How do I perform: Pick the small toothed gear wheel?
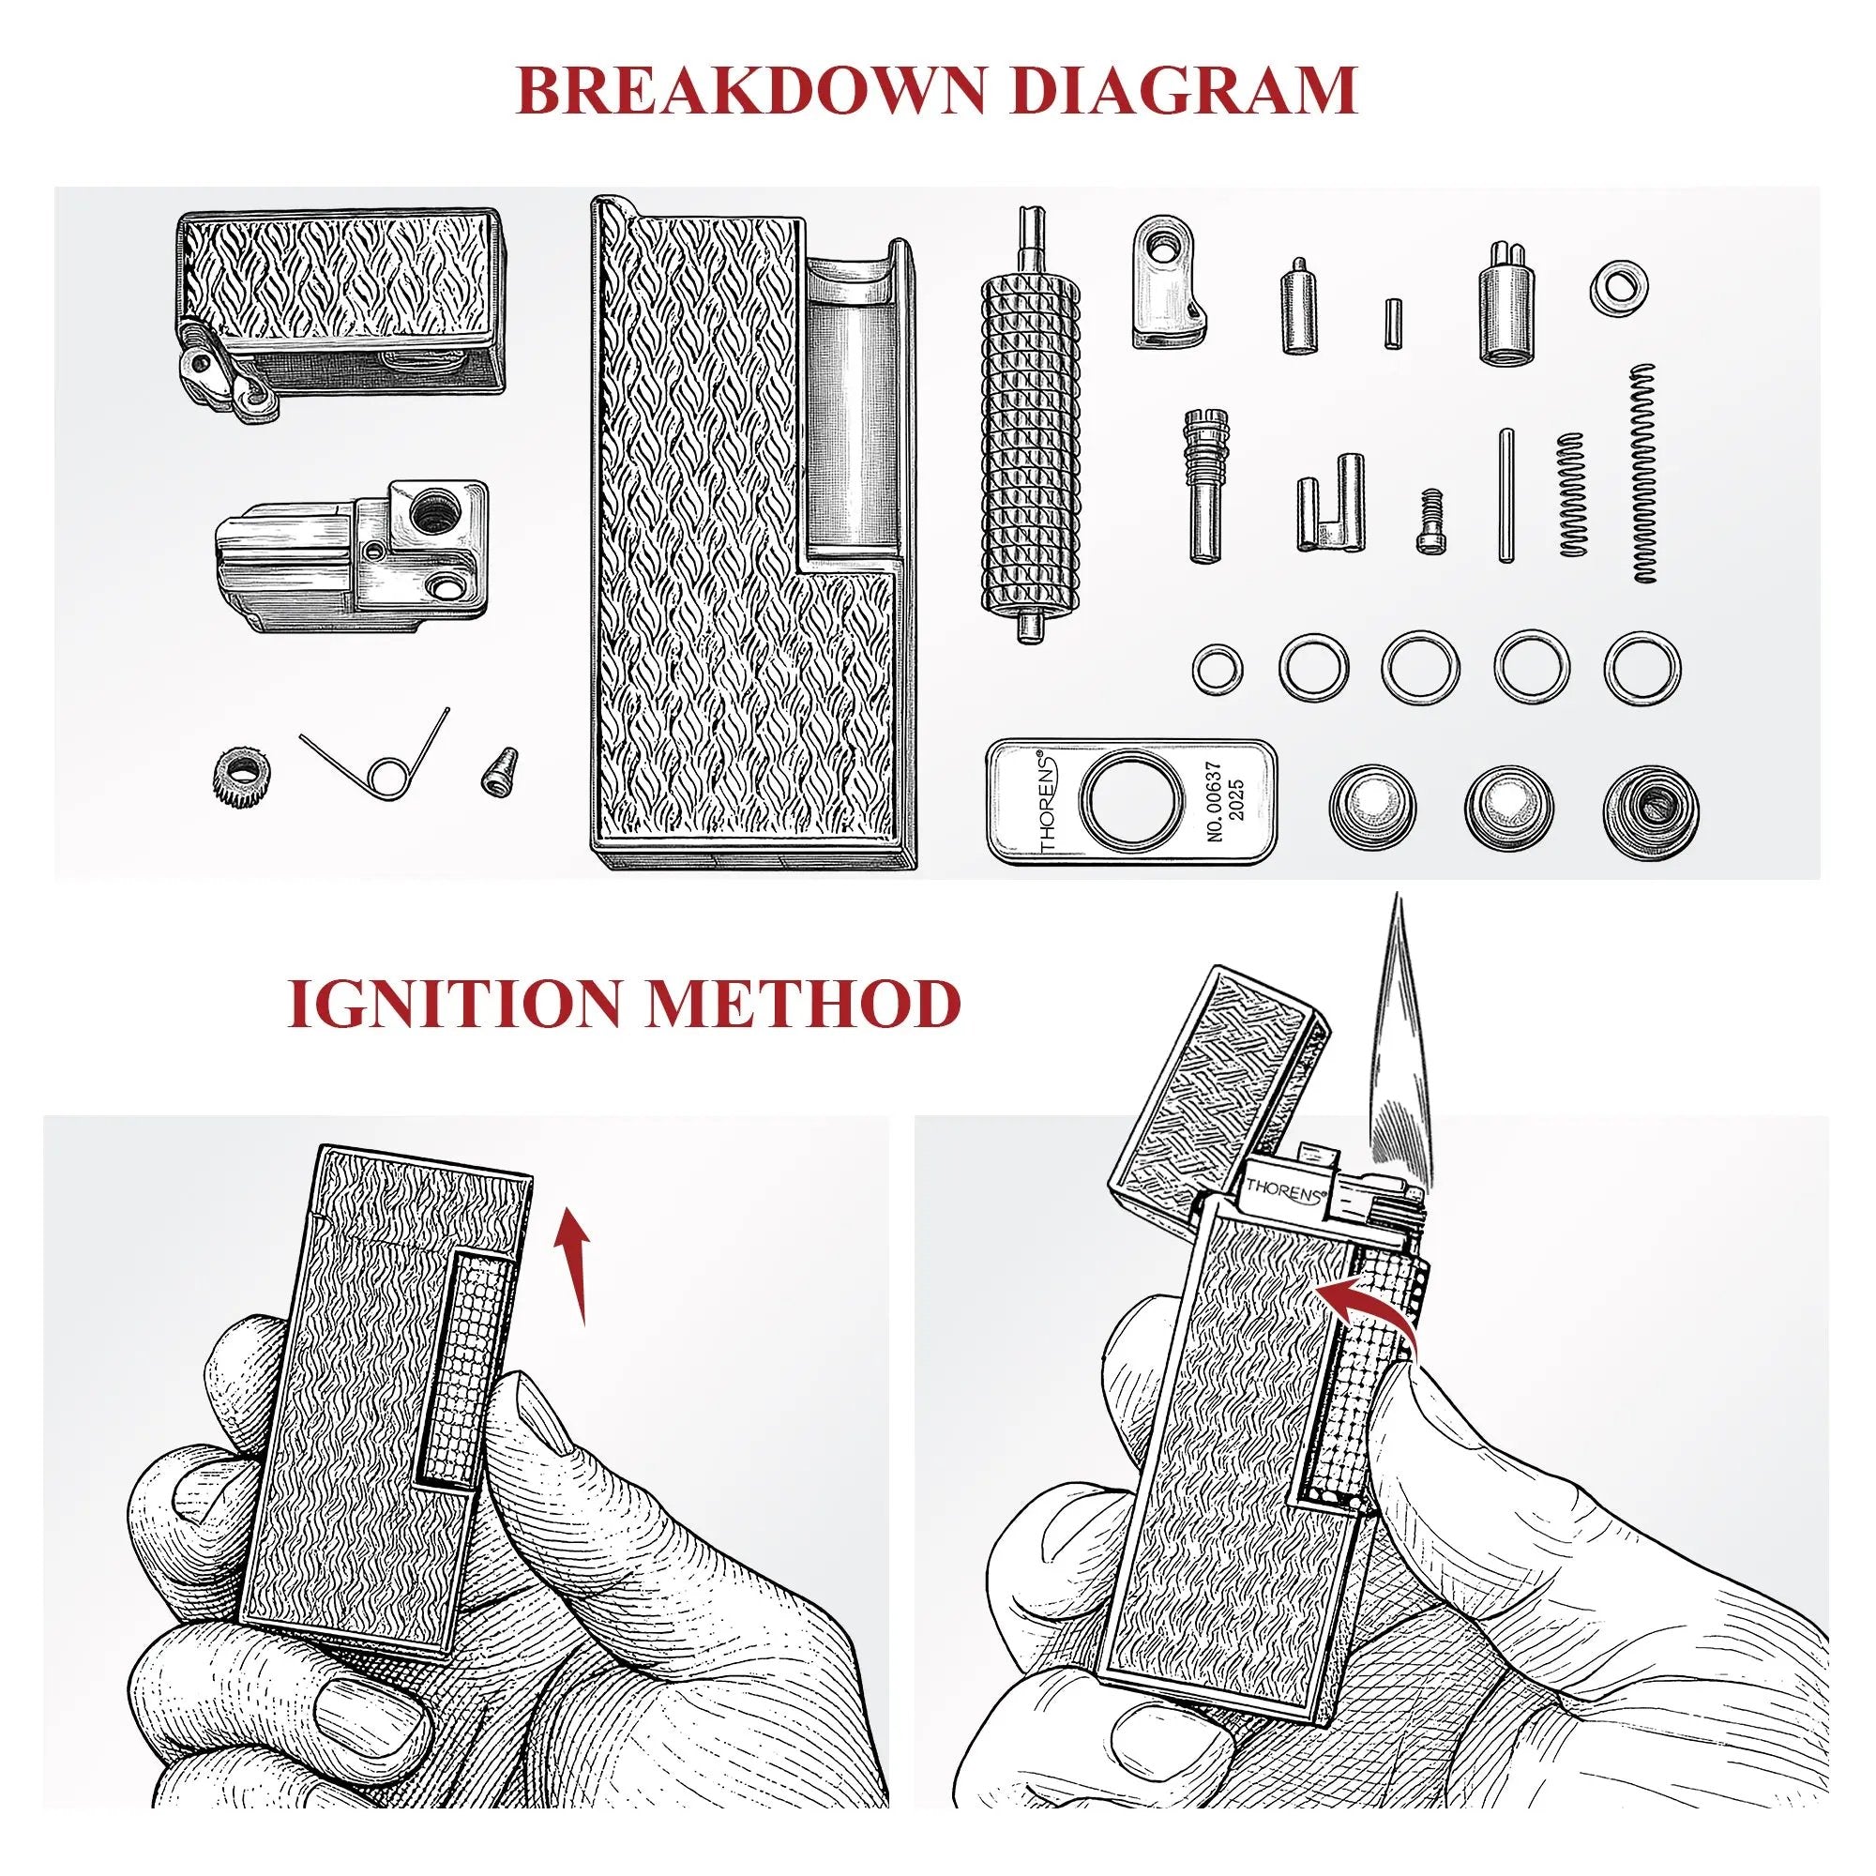click(240, 777)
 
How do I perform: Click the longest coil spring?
click(1643, 473)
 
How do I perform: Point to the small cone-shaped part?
click(498, 771)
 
